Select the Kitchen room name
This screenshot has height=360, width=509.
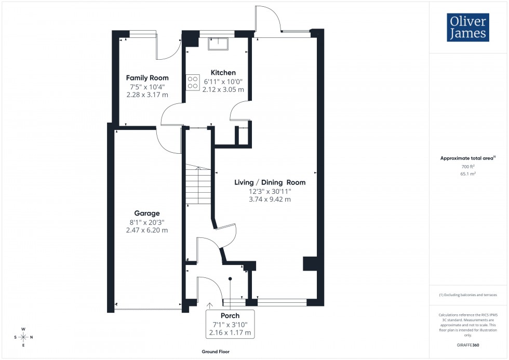pyautogui.click(x=223, y=73)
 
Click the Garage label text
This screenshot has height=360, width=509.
pyautogui.click(x=147, y=213)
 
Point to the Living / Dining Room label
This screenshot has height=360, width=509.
pyautogui.click(x=270, y=182)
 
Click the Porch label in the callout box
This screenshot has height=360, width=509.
pyautogui.click(x=230, y=316)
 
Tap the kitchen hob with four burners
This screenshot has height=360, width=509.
pyautogui.click(x=193, y=82)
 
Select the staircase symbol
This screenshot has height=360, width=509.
pyautogui.click(x=197, y=184)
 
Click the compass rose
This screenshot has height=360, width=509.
pyautogui.click(x=24, y=337)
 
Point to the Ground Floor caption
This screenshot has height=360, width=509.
pyautogui.click(x=216, y=352)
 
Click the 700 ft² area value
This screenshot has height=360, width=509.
pyautogui.click(x=468, y=166)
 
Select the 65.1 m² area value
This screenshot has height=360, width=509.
pyautogui.click(x=468, y=174)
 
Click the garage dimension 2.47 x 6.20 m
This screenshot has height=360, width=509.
pyautogui.click(x=147, y=230)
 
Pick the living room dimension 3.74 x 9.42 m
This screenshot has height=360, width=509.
pyautogui.click(x=270, y=199)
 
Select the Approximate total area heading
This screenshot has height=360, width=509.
pyautogui.click(x=467, y=157)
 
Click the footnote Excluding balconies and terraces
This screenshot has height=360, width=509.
pyautogui.click(x=468, y=295)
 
